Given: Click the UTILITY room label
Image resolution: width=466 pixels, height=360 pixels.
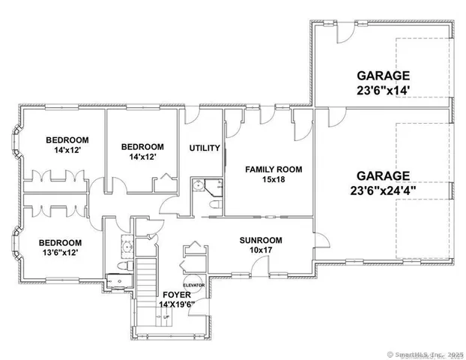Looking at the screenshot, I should point(204,148).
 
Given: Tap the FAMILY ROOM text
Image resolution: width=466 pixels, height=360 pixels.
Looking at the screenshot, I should point(273,169).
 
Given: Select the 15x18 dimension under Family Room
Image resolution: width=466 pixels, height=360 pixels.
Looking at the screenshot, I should point(273,180).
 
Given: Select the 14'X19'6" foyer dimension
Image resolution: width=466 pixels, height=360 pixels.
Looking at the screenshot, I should point(178,304).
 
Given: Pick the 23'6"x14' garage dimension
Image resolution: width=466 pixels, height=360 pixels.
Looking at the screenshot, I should point(383,90).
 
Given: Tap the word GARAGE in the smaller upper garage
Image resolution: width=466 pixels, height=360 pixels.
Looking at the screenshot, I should point(383,75).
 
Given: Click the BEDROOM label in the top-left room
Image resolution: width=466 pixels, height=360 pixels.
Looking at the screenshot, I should point(67,139).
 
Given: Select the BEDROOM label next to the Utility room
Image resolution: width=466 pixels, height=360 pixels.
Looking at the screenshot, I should point(142,146).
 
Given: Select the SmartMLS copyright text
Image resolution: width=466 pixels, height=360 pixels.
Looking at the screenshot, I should point(424,352).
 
